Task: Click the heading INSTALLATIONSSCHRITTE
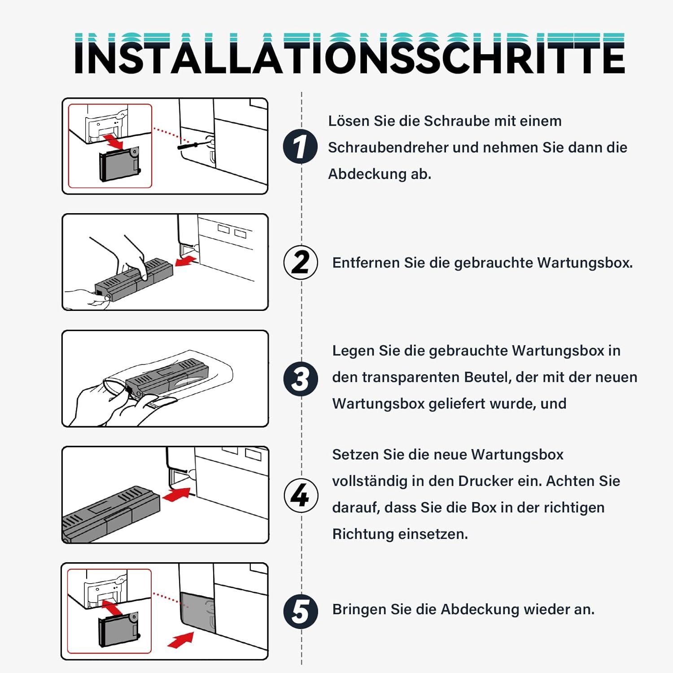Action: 350,53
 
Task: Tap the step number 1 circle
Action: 301,146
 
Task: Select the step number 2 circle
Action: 301,262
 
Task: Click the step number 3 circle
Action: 301,379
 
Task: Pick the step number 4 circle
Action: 301,495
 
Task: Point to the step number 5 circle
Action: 301,611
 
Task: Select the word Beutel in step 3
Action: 488,377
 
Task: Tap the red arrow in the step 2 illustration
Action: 186,261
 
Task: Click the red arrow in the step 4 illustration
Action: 177,494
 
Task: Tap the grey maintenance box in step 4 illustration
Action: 111,514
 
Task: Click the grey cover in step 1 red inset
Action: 119,164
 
